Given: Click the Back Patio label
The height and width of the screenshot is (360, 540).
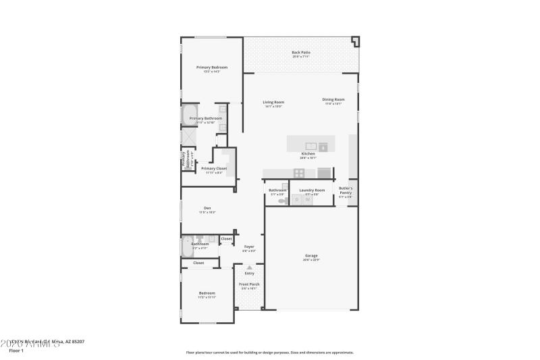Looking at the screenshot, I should pyautogui.click(x=301, y=52).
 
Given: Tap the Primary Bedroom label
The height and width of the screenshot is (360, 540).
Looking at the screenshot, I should pyautogui.click(x=212, y=68).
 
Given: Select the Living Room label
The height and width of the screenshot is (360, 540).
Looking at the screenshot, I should pyautogui.click(x=273, y=103).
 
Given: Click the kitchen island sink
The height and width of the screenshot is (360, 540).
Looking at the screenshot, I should pyautogui.click(x=311, y=145).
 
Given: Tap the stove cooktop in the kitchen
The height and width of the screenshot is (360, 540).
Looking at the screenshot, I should pyautogui.click(x=299, y=173).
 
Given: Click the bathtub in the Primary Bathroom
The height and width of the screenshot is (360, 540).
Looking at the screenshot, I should pyautogui.click(x=188, y=114).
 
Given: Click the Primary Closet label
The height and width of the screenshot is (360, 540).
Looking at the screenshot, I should pyautogui.click(x=214, y=168).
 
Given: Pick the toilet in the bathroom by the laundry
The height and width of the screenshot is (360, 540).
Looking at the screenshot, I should pyautogui.click(x=281, y=200).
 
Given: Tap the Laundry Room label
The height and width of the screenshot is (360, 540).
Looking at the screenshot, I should pyautogui.click(x=313, y=190).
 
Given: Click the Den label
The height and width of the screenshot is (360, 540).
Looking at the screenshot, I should pyautogui.click(x=207, y=208).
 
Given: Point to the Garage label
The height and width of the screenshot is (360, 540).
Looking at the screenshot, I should pyautogui.click(x=311, y=256).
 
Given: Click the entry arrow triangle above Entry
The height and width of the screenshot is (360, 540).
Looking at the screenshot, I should pyautogui.click(x=249, y=267).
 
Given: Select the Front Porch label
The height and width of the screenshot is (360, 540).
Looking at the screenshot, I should pyautogui.click(x=249, y=284).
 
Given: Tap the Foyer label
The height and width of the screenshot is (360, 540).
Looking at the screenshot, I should pyautogui.click(x=249, y=247).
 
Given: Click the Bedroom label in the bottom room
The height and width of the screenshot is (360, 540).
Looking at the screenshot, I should pyautogui.click(x=207, y=293).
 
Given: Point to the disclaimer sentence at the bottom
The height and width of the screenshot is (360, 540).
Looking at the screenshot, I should pyautogui.click(x=270, y=352).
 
